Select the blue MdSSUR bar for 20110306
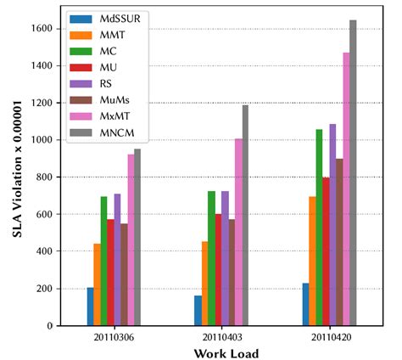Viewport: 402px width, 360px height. pos(91,307)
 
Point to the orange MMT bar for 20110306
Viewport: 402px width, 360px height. pos(98,284)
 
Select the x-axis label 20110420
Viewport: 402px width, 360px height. pos(326,337)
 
